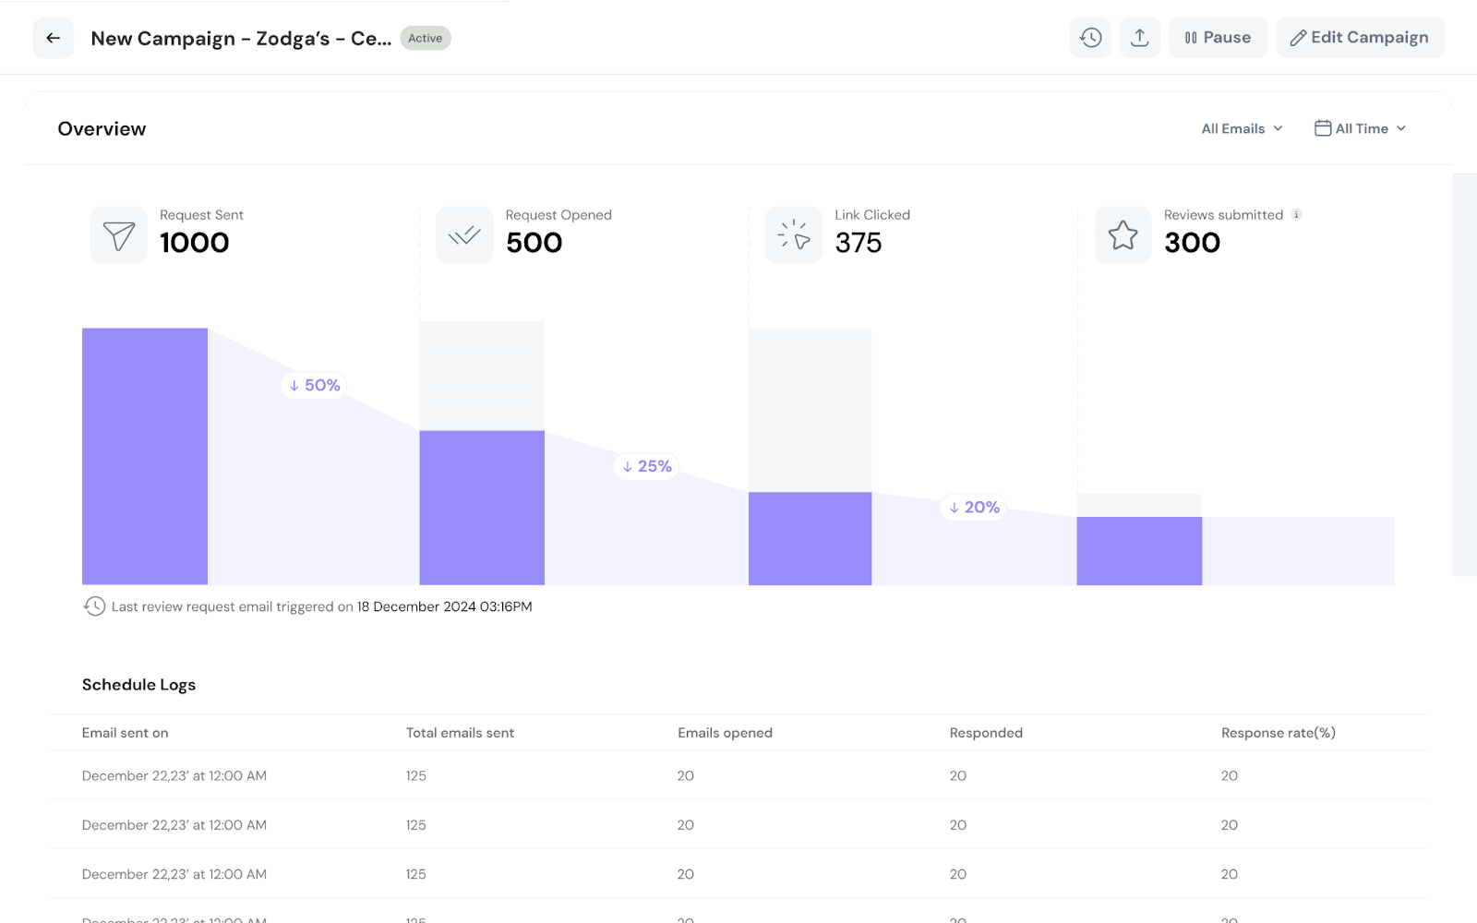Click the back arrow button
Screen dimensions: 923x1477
coord(54,38)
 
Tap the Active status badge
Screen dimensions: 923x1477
coord(426,38)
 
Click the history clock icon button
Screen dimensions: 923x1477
coord(1091,38)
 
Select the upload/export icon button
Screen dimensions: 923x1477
coord(1140,38)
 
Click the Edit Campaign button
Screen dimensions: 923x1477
coord(1360,38)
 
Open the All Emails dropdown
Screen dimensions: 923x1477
coord(1242,128)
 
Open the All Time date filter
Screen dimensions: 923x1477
coord(1360,128)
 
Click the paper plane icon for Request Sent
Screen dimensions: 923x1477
coord(119,235)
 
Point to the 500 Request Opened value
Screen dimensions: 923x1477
coord(534,243)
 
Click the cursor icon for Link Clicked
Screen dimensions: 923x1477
coord(794,235)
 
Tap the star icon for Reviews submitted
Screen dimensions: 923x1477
coord(1123,235)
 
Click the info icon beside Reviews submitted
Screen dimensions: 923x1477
coord(1296,215)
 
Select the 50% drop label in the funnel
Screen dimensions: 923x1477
coord(315,385)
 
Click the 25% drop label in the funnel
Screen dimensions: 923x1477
coord(647,466)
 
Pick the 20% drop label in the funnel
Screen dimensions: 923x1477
coord(975,507)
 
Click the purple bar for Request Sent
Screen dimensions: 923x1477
coord(145,456)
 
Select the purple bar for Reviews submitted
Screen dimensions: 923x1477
coord(1139,551)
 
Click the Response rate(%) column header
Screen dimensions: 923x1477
coord(1278,733)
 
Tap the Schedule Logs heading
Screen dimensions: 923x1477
coord(138,685)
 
